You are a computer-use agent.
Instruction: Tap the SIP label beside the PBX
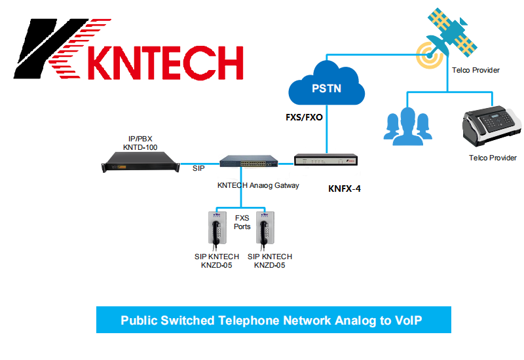198,169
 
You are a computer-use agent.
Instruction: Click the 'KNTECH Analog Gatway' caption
258,185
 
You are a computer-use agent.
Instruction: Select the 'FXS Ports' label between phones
242,223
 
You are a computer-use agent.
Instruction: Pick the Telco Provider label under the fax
493,158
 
